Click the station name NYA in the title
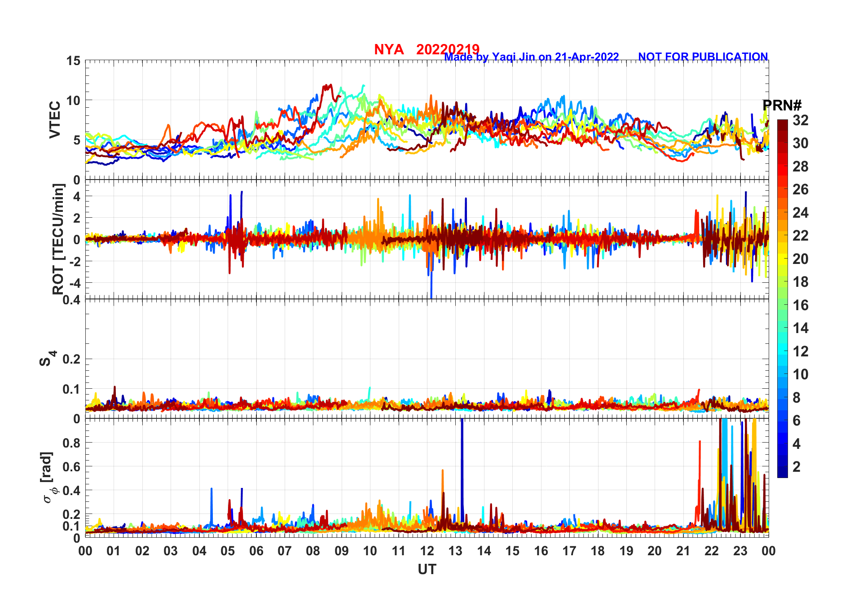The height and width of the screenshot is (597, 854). [388, 49]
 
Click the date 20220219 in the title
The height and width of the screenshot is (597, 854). [448, 49]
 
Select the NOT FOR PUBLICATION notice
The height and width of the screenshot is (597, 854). [703, 57]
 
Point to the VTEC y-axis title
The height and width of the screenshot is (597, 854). [55, 120]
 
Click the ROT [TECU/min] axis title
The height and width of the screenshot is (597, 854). [58, 239]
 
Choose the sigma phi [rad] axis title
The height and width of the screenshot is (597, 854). [48, 478]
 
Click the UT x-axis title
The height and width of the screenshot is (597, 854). [427, 570]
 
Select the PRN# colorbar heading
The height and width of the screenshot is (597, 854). [782, 105]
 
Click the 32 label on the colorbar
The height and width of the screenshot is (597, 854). [801, 120]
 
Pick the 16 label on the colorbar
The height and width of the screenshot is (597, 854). [801, 305]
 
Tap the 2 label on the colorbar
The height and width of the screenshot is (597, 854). [797, 467]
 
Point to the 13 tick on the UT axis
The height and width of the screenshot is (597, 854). [455, 551]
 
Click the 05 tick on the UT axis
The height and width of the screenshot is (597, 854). [228, 551]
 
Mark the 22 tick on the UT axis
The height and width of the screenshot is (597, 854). [712, 551]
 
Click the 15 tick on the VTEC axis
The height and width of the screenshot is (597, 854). [73, 61]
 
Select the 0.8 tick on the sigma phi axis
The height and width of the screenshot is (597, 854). [71, 443]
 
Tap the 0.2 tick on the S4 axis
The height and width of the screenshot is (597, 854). [71, 359]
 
